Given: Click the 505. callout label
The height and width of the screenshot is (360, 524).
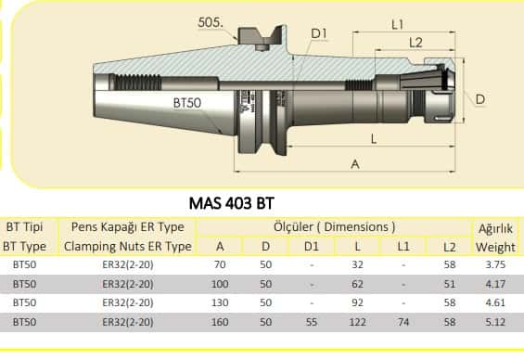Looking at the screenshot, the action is (211, 22).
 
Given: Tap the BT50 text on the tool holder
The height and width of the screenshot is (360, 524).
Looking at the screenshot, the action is (187, 103).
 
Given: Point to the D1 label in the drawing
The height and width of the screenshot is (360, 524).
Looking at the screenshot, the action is (319, 33).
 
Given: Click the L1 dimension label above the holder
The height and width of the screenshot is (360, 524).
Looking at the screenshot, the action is (397, 24).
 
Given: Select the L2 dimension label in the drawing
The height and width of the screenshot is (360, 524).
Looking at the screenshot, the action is (415, 43).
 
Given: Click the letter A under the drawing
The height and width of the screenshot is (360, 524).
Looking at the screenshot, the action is (355, 164).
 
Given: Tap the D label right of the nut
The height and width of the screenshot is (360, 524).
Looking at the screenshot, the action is (479, 99).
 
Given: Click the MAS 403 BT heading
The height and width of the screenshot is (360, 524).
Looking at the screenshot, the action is (232, 203).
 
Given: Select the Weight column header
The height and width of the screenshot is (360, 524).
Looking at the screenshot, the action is (495, 247).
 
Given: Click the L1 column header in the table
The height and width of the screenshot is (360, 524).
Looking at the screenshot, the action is (403, 247).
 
